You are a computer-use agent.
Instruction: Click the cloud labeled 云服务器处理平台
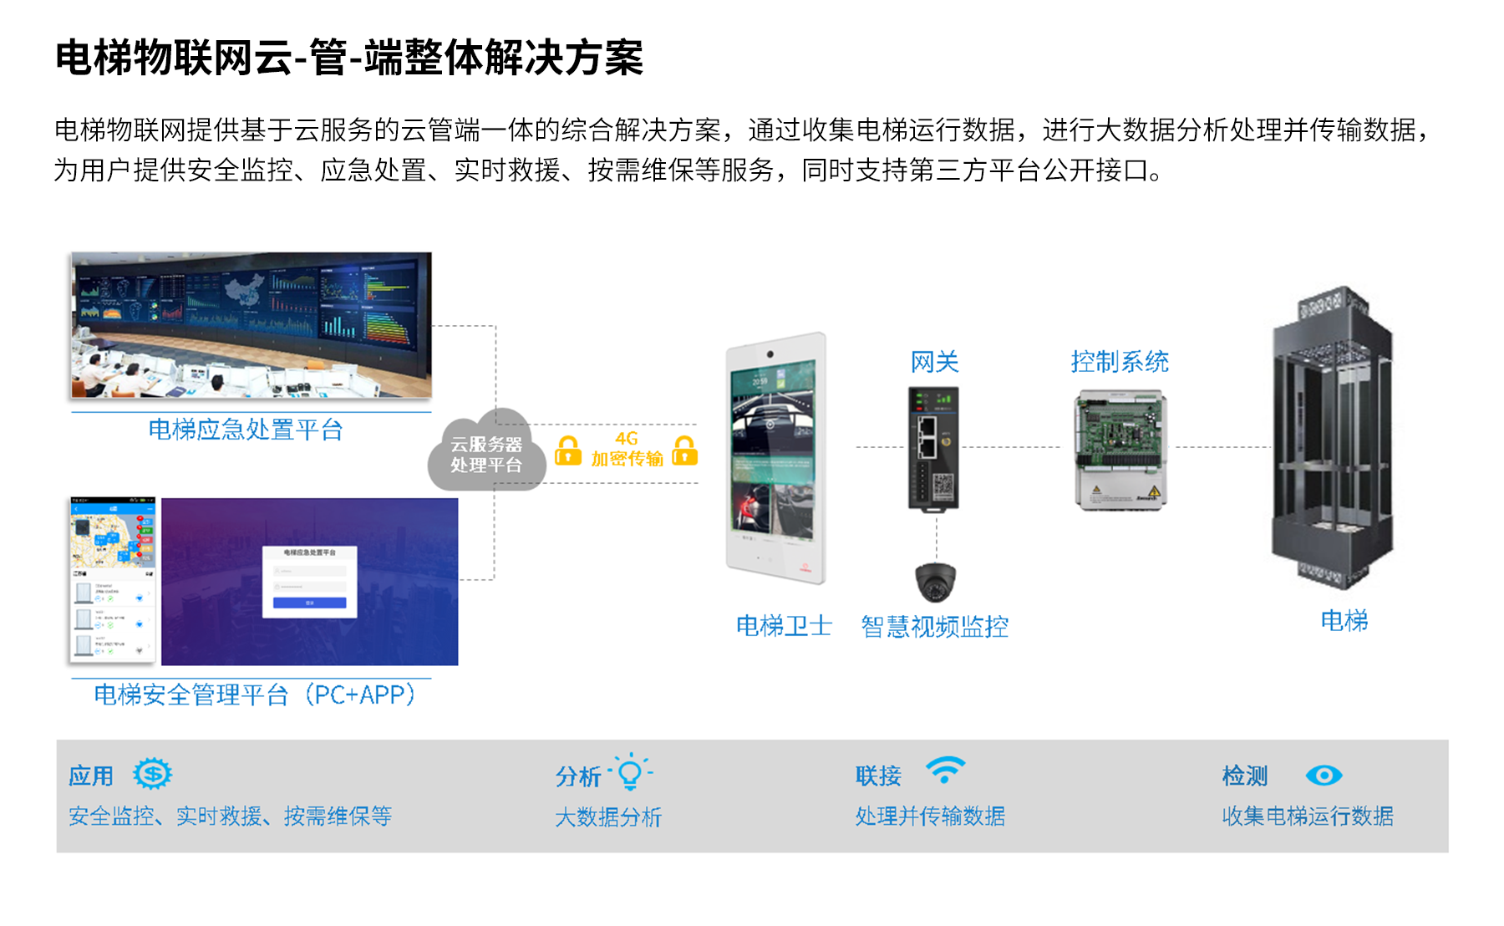pos(486,451)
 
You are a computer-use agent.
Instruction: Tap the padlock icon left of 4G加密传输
pos(568,451)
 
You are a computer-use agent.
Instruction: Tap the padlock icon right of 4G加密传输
pos(685,451)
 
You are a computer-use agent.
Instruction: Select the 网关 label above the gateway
pos(934,362)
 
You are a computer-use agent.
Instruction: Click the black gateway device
pos(933,448)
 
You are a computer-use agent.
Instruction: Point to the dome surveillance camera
pos(936,582)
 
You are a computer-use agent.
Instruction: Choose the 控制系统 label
pos(1120,362)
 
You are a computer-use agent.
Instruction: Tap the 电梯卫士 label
pos(784,626)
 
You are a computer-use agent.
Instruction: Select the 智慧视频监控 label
pos(934,627)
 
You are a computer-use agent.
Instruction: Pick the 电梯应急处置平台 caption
pos(246,430)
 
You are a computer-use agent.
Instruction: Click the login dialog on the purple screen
pos(309,582)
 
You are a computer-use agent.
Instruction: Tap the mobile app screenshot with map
pos(113,580)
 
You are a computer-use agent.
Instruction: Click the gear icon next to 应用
pos(153,774)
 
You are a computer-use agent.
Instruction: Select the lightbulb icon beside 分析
pos(631,773)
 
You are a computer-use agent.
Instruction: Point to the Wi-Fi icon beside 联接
pos(945,770)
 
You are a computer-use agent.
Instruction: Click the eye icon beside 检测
pos(1324,776)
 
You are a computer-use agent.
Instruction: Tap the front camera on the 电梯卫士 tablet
pos(770,354)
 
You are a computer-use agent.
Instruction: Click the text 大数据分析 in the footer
pos(608,817)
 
